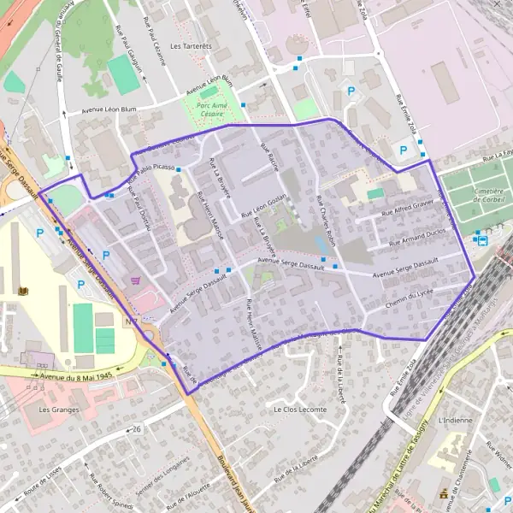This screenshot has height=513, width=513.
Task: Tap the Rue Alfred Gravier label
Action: pyautogui.click(x=407, y=206)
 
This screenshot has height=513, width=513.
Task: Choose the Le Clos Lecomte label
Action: pyautogui.click(x=300, y=410)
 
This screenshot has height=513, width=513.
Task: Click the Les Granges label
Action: pyautogui.click(x=59, y=410)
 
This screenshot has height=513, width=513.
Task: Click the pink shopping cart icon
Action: pyautogui.click(x=134, y=280)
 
